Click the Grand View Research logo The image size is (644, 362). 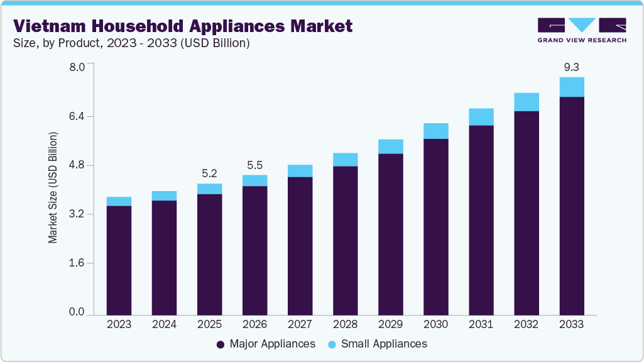[581, 30]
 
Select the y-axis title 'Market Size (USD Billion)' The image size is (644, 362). [53, 188]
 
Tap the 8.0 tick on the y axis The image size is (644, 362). [76, 67]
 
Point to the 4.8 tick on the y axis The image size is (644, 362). [76, 165]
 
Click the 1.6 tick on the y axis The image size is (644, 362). [76, 263]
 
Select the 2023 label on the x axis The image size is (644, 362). [119, 324]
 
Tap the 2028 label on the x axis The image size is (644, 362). [345, 324]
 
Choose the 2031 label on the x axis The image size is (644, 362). [481, 324]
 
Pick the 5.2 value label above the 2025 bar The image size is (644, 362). [209, 173]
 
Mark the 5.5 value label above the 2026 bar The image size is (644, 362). [254, 165]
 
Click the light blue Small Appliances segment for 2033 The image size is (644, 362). [572, 87]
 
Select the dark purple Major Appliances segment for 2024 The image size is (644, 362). [164, 257]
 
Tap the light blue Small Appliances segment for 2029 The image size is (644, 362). [390, 146]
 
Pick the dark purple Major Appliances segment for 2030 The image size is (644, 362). [435, 226]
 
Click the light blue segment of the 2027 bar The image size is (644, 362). [300, 171]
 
